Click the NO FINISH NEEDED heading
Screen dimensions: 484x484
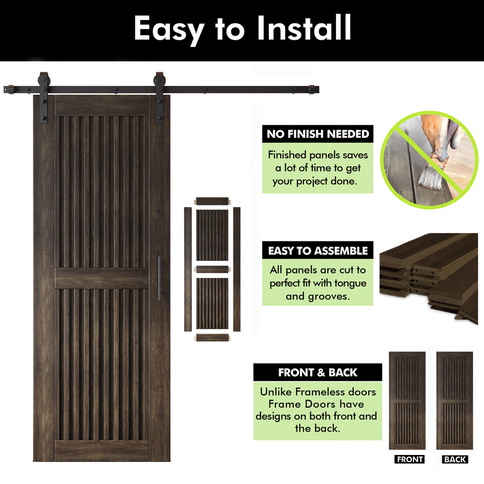[318, 134]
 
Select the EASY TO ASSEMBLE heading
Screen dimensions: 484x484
[318, 251]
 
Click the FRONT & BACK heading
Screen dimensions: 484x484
[318, 372]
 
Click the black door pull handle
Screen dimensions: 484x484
[159, 278]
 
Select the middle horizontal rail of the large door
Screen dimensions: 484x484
[102, 278]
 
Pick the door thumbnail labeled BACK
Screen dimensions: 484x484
[454, 401]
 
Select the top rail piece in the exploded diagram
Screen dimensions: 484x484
[212, 201]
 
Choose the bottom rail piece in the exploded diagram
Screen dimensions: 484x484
[212, 337]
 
